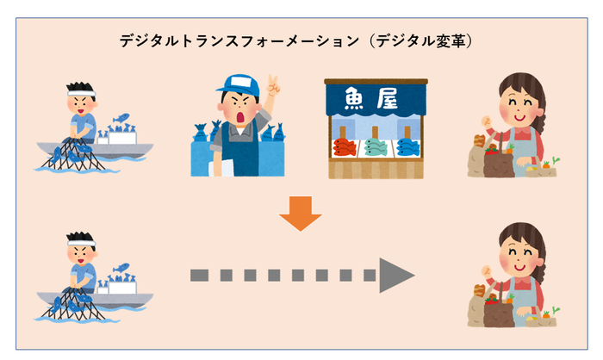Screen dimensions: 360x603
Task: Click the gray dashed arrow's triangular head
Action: [395, 276]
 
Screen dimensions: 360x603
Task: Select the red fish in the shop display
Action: [344, 147]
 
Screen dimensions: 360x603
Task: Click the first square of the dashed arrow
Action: [198, 276]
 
